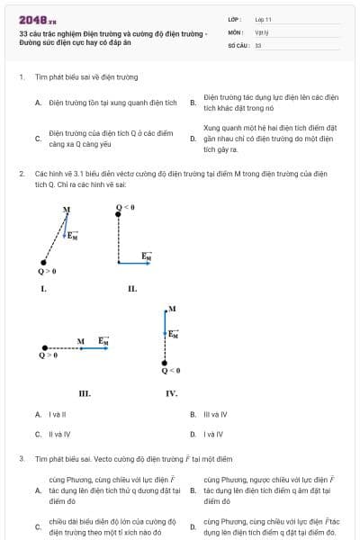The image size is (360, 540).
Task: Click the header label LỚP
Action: point(235,19)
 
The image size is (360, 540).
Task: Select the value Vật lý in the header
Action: point(262,31)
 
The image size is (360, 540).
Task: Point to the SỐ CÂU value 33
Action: point(258,44)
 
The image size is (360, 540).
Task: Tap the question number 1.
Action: point(20,78)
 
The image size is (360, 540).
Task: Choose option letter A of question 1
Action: point(38,103)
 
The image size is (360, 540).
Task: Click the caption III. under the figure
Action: point(85,392)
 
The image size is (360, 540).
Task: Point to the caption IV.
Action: point(171,392)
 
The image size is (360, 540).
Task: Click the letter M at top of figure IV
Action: point(172,309)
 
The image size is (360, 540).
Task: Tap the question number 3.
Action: point(20,458)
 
